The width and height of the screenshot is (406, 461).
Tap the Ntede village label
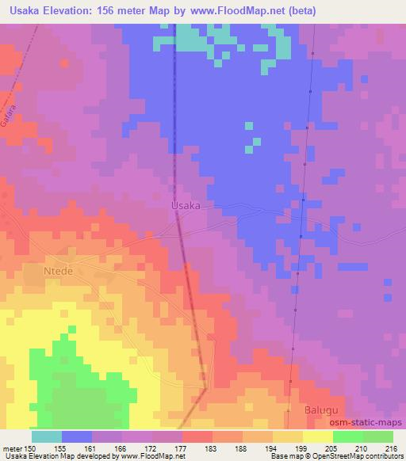57,271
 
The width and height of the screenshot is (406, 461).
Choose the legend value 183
213,448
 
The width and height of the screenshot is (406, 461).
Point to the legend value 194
274,448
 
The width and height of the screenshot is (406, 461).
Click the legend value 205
334,448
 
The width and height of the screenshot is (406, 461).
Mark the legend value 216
393,448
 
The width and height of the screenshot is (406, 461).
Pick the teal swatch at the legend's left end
48,436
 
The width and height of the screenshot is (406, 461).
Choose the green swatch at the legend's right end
377,436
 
